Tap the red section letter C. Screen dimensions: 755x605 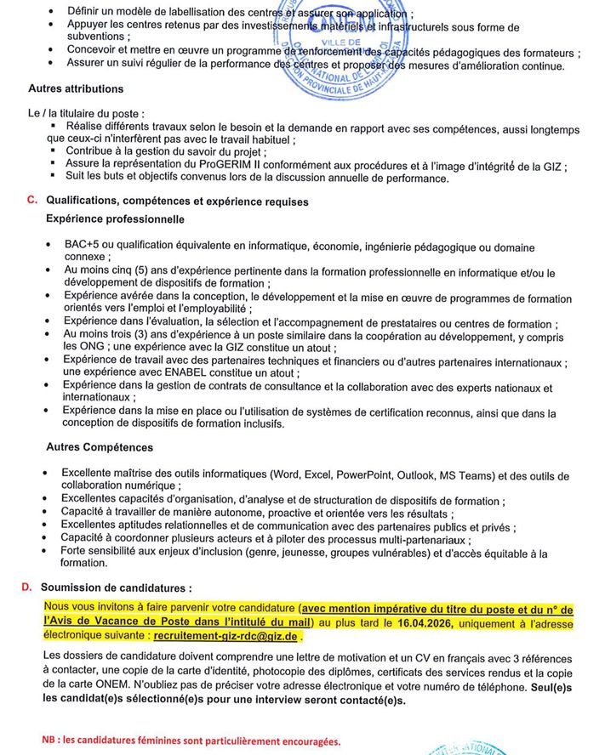pyautogui.click(x=31, y=201)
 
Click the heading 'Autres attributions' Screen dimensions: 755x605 pyautogui.click(x=76, y=88)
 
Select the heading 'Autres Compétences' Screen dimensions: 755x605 pyautogui.click(x=100, y=447)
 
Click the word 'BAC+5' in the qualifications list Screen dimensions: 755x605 pyautogui.click(x=82, y=245)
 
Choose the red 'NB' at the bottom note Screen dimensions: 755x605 pyautogui.click(x=50, y=740)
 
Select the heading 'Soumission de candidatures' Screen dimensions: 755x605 pyautogui.click(x=117, y=588)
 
